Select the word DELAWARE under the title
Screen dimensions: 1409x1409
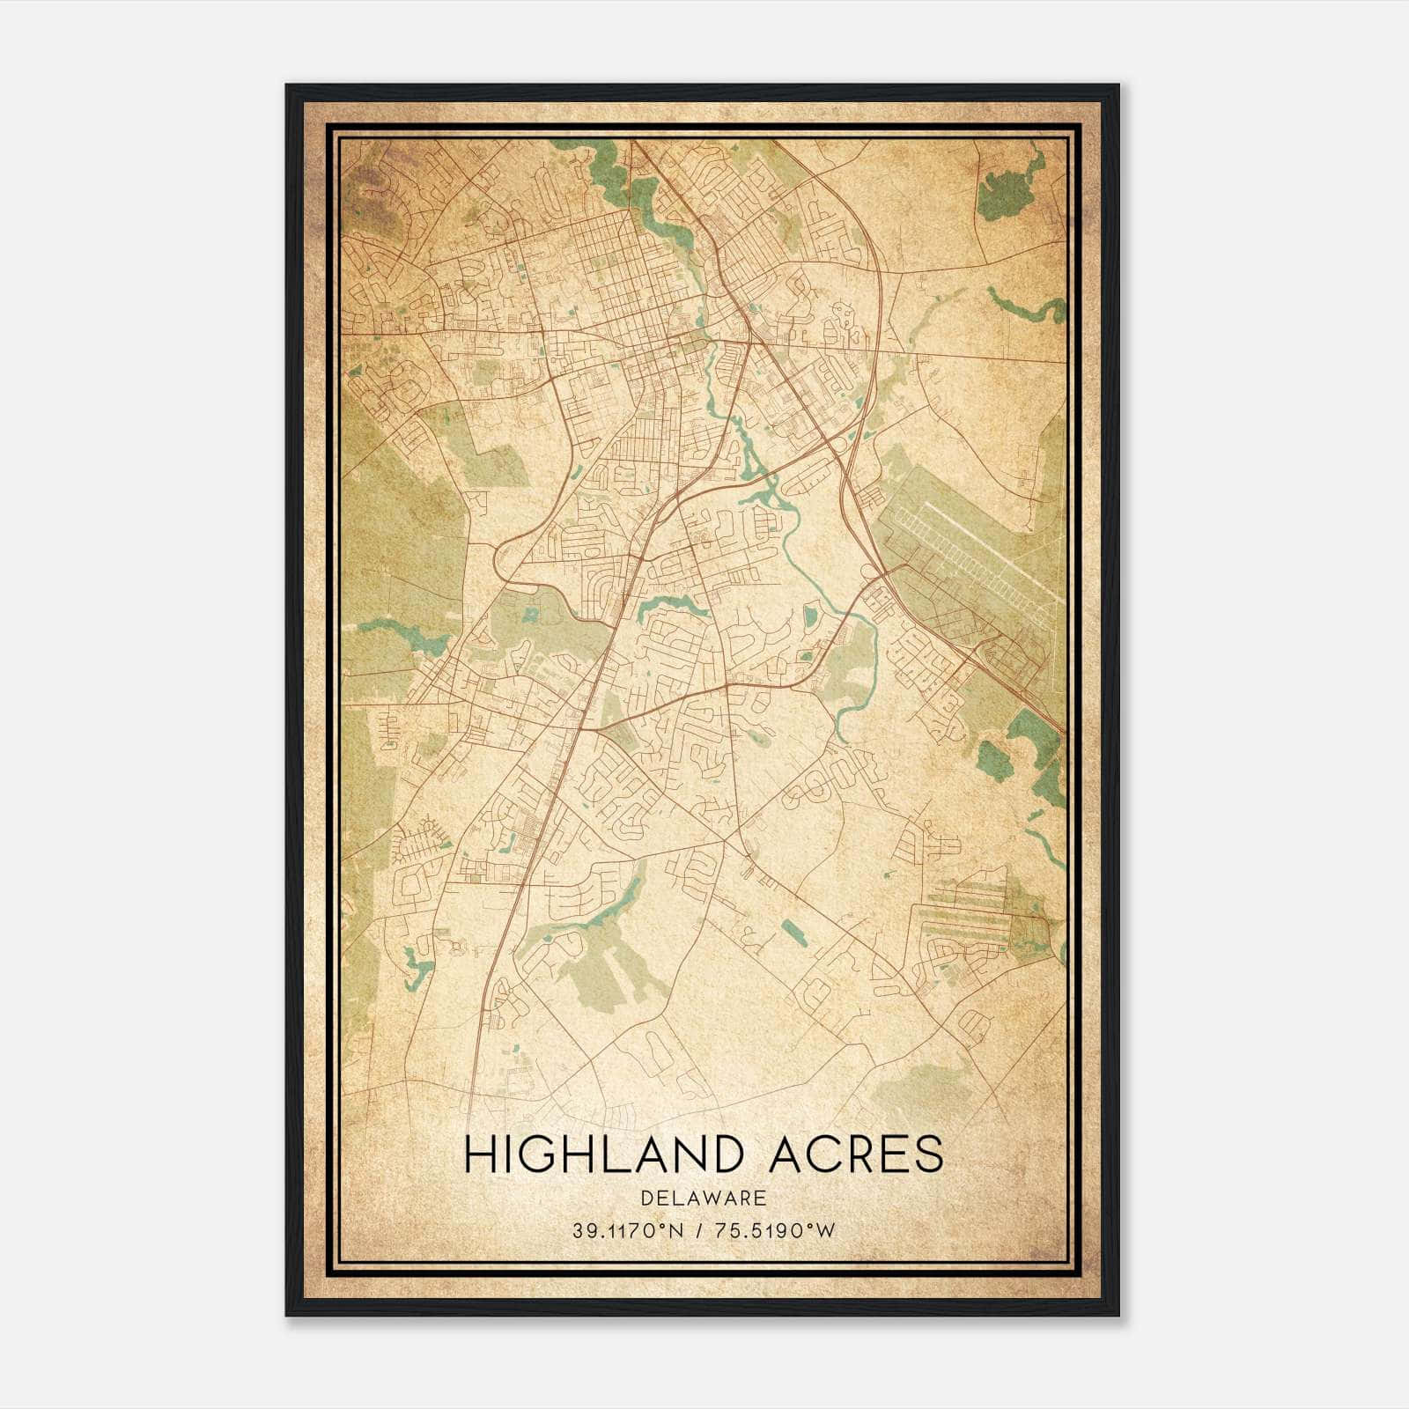[x=704, y=1199]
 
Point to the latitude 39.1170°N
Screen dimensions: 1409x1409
[x=626, y=1231]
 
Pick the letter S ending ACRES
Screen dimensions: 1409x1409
[x=927, y=1154]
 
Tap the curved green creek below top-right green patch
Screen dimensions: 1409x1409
[x=1026, y=305]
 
